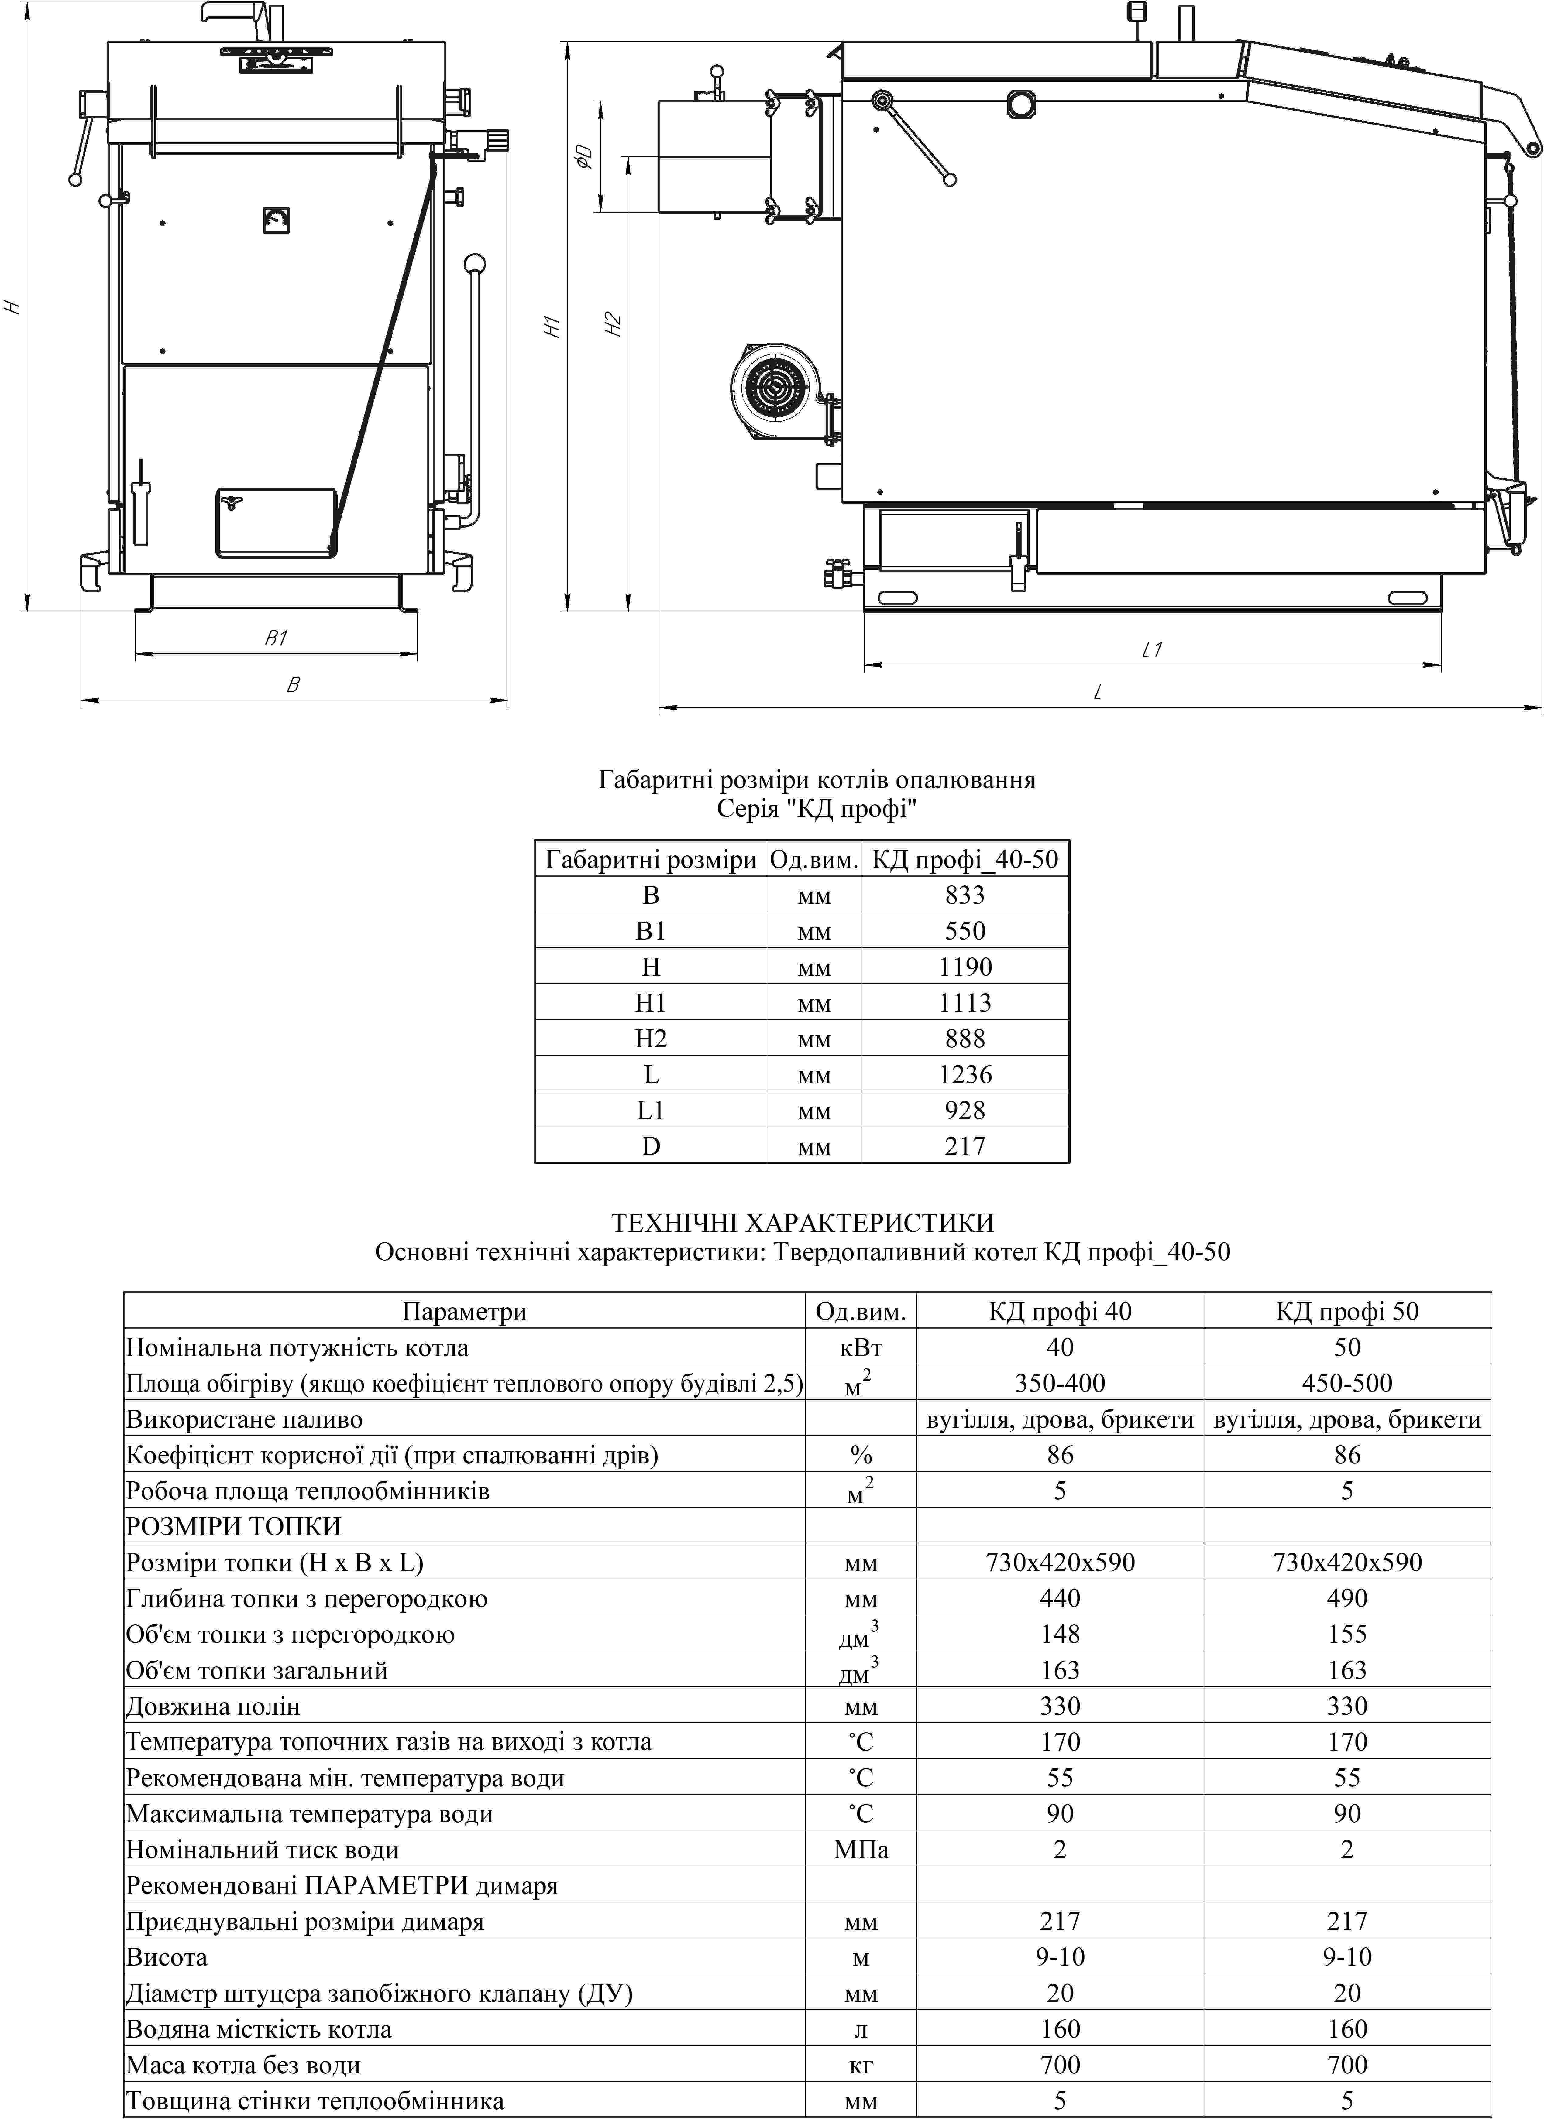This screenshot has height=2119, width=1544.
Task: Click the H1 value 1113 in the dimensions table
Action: pos(965,1002)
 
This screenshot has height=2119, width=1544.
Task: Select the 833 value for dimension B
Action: pos(965,895)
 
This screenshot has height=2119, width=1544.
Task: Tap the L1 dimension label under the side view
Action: pos(1152,649)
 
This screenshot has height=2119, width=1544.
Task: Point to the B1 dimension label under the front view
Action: pos(276,638)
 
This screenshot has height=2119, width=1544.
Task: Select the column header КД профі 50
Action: pos(1347,1311)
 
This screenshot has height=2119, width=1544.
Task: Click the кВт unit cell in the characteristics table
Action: pos(861,1347)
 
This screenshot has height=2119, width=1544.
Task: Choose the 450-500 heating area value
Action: pos(1347,1383)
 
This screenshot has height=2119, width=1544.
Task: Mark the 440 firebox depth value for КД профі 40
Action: pos(1060,1599)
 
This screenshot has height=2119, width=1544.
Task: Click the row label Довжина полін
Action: pos(213,1706)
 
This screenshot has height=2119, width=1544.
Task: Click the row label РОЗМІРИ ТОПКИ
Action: pos(234,1527)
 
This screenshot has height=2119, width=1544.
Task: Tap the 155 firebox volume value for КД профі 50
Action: pos(1347,1634)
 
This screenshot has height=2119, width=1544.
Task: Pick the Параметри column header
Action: pos(465,1311)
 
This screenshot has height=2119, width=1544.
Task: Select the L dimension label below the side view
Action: pos(1098,692)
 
